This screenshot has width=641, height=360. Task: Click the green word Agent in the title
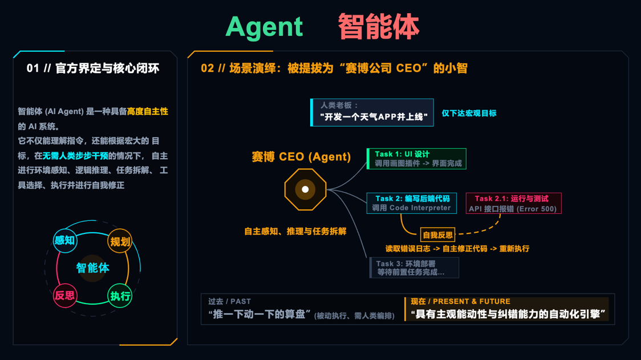click(x=264, y=27)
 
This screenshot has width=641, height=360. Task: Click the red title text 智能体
click(x=378, y=27)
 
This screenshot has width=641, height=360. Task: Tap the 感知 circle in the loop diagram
click(x=64, y=240)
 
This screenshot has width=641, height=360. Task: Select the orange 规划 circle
click(x=120, y=242)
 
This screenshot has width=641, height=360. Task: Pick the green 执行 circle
click(x=120, y=296)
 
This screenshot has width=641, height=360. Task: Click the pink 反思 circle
click(x=64, y=296)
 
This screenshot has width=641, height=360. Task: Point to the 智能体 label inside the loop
click(x=92, y=268)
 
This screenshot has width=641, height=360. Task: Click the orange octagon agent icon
click(x=305, y=189)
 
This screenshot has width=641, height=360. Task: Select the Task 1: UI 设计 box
click(x=416, y=159)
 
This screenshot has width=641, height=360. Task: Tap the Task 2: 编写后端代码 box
click(x=412, y=203)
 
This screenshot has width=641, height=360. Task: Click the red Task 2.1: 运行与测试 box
click(x=514, y=203)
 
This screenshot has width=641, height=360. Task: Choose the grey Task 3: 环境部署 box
click(x=414, y=268)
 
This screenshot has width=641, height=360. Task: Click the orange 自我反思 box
click(x=437, y=234)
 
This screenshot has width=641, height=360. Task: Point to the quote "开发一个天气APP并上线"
click(x=374, y=117)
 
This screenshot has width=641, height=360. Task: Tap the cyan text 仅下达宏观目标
click(x=469, y=113)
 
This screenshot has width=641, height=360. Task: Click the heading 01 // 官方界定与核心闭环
click(x=93, y=68)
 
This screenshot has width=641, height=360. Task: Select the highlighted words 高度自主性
click(x=147, y=112)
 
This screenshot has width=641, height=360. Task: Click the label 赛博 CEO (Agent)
click(x=301, y=157)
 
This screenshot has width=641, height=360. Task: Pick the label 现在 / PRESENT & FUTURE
click(x=460, y=301)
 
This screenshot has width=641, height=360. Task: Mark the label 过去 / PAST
click(x=229, y=301)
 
